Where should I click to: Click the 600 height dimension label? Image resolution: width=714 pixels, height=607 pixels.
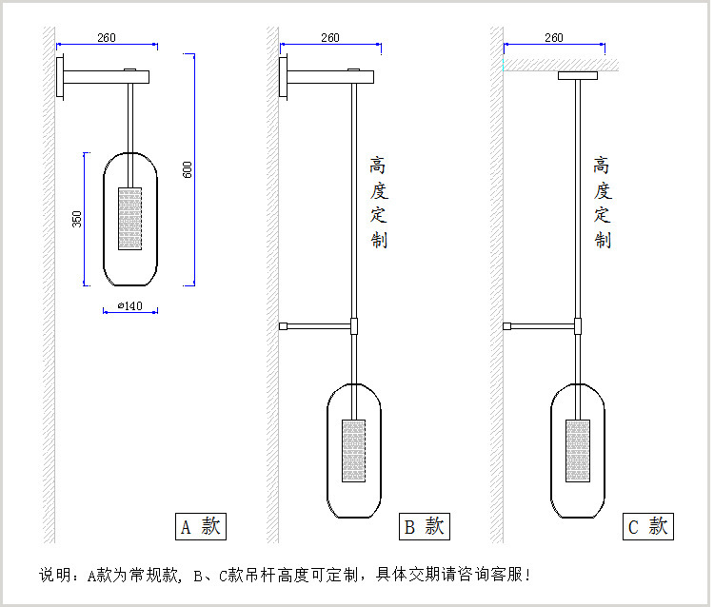pyautogui.click(x=188, y=169)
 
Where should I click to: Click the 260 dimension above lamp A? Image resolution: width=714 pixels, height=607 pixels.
pyautogui.click(x=107, y=38)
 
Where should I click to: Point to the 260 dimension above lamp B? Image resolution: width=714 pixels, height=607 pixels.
pyautogui.click(x=329, y=38)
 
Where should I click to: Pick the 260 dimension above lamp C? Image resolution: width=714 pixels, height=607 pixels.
pyautogui.click(x=553, y=38)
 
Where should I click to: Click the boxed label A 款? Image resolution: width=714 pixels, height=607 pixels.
pyautogui.click(x=200, y=526)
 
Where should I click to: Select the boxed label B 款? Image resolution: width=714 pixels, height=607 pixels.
pyautogui.click(x=424, y=526)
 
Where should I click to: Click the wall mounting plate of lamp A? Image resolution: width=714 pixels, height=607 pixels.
pyautogui.click(x=60, y=77)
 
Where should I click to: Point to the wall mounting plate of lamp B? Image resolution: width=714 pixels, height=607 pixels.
pyautogui.click(x=283, y=77)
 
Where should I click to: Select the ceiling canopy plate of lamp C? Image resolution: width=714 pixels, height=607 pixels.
pyautogui.click(x=577, y=74)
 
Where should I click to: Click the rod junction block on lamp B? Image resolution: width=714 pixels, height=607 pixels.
pyautogui.click(x=353, y=325)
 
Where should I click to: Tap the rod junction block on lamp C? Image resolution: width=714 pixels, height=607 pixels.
pyautogui.click(x=578, y=325)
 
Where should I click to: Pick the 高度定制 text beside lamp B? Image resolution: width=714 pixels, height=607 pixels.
pyautogui.click(x=378, y=202)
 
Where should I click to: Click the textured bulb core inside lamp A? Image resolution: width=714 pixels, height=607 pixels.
pyautogui.click(x=129, y=219)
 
